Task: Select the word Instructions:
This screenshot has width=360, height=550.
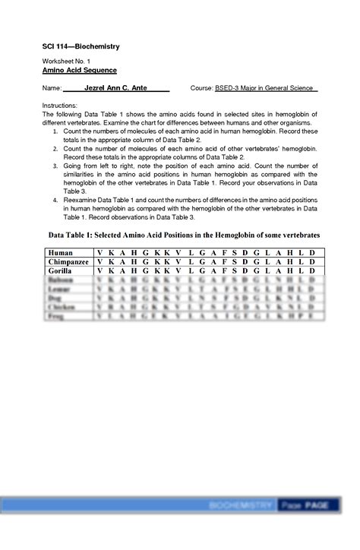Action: [x=61, y=105]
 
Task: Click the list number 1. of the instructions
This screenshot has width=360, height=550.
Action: [x=55, y=131]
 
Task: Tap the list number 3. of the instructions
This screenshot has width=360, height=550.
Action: [x=55, y=165]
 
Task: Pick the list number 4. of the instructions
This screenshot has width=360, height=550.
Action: [x=55, y=199]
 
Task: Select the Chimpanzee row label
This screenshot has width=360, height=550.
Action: [x=69, y=261]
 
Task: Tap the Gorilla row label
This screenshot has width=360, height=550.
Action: [x=60, y=271]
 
